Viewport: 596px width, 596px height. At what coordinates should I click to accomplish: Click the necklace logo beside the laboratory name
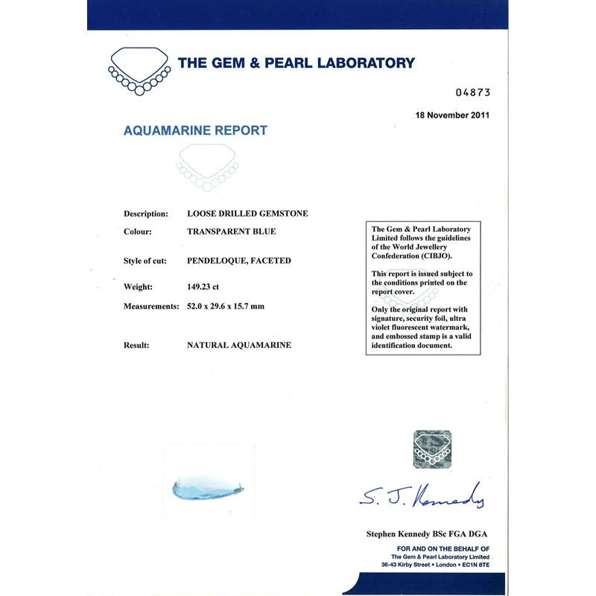[x=139, y=72]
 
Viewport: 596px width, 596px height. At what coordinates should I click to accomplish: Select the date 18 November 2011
[x=451, y=115]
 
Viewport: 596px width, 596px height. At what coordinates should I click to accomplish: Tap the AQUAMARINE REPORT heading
[x=195, y=130]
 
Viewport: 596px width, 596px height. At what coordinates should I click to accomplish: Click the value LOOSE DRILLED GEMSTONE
[x=247, y=213]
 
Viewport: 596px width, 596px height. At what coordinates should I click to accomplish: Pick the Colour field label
[x=138, y=232]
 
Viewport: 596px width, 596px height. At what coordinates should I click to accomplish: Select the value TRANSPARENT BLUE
[x=232, y=232]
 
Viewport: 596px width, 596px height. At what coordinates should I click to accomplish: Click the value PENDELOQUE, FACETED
[x=239, y=261]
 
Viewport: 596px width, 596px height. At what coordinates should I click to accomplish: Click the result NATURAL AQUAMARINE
[x=239, y=346]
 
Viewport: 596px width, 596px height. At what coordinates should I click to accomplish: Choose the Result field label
[x=137, y=346]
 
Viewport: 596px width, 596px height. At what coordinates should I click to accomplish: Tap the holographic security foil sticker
[x=433, y=448]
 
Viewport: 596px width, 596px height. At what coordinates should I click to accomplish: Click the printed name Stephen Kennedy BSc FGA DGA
[x=427, y=534]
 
